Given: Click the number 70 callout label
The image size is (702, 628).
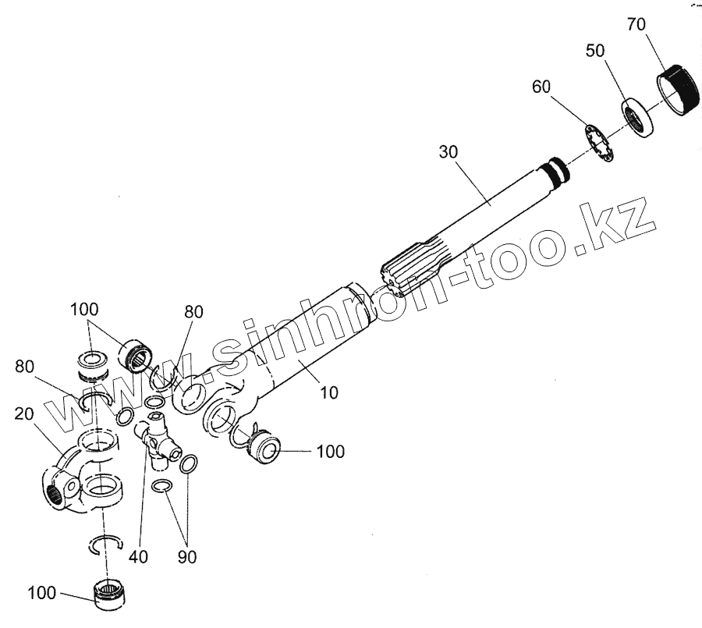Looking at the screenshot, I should pos(636,25).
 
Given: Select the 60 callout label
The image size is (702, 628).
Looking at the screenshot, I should pos(543,86).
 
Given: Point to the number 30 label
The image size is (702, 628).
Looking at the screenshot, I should pos(449,154).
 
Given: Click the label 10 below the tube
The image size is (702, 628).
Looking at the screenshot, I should pos(329,392).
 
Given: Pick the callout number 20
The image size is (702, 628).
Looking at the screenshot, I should pos(24,413).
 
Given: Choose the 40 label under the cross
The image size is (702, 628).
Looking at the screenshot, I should pos(139,557).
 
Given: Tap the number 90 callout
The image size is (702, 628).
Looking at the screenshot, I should pos(186,557).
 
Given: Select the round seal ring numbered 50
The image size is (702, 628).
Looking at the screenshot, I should pos(637,115).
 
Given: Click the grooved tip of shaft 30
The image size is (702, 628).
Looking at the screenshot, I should pos(555,171).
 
